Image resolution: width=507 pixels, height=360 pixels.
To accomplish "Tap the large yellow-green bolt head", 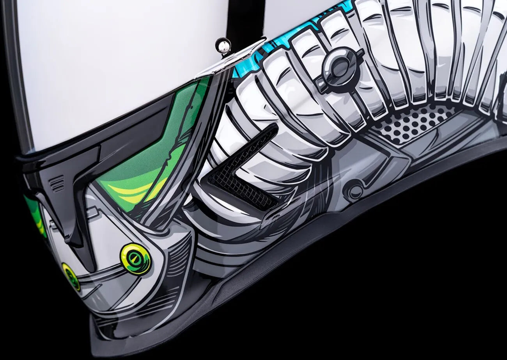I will pyautogui.click(x=135, y=259).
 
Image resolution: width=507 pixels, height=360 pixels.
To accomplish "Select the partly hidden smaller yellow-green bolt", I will pyautogui.click(x=71, y=277).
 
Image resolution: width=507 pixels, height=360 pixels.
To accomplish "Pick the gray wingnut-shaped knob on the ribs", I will pyautogui.click(x=339, y=69).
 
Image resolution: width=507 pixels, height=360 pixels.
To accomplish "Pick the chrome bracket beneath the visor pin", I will pyautogui.click(x=230, y=59).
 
